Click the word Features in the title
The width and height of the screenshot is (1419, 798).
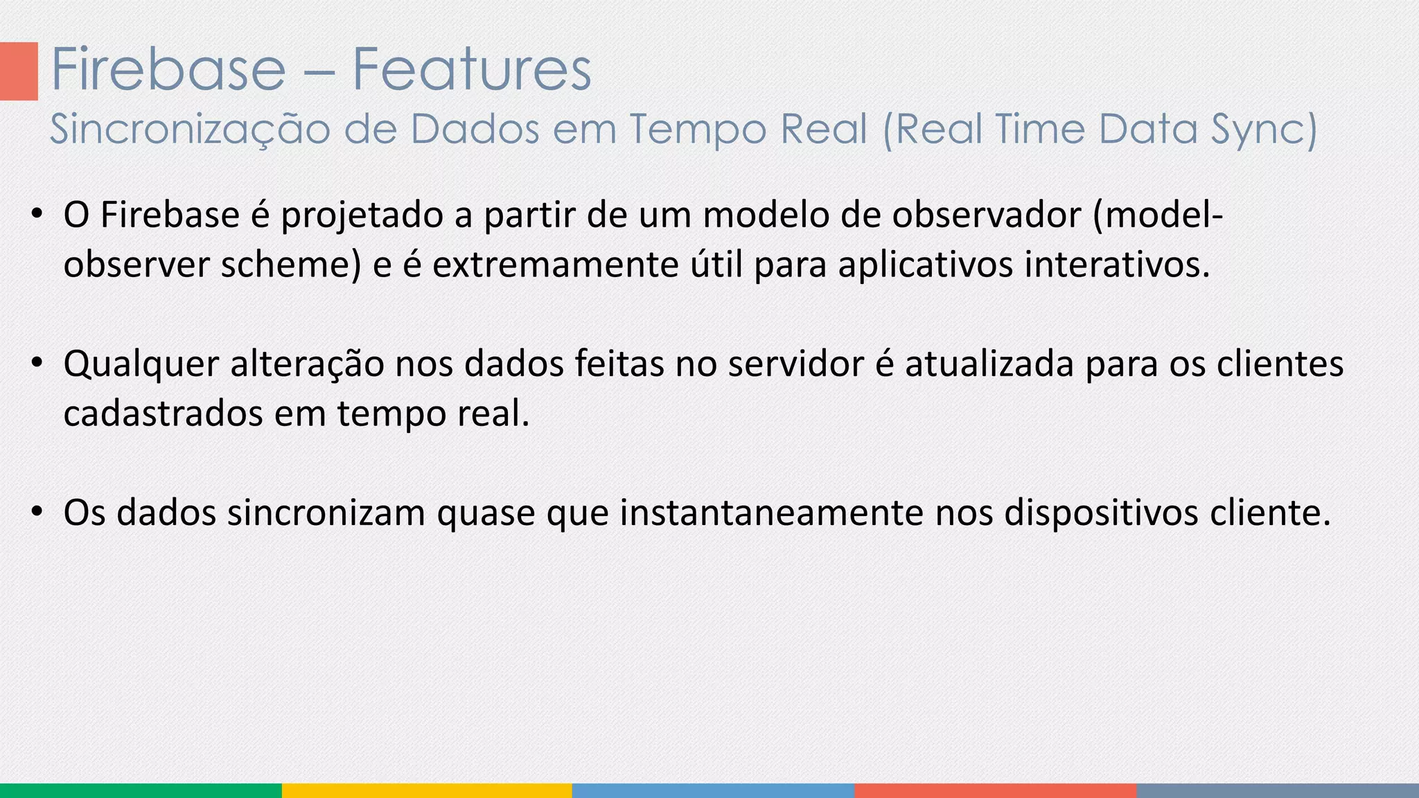(x=472, y=69)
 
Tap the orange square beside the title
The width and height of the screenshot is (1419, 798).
(x=19, y=71)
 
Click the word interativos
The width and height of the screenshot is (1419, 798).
(x=1116, y=265)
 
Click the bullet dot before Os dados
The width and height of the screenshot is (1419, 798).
(x=37, y=513)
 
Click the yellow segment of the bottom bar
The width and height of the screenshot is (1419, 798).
(x=427, y=790)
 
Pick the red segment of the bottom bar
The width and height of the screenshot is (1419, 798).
(x=995, y=790)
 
